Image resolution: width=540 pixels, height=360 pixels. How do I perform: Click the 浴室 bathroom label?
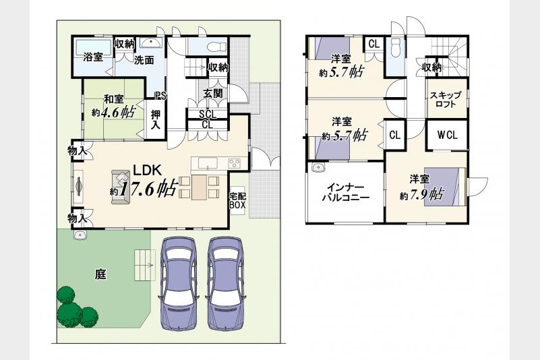click(93, 57)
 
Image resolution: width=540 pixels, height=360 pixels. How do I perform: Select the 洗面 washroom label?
click(144, 60)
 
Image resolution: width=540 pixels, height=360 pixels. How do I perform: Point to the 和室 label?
click(114, 100)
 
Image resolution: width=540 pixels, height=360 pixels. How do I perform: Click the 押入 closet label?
click(156, 119)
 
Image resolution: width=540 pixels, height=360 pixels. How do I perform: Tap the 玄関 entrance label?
click(213, 93)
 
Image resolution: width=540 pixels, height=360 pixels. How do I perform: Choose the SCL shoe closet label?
click(208, 114)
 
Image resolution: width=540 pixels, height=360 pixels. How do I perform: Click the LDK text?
click(148, 170)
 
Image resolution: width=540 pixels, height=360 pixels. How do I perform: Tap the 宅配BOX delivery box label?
click(237, 201)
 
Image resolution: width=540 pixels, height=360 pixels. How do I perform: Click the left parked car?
click(178, 283)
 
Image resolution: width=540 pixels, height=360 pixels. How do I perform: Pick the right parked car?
click(226, 283)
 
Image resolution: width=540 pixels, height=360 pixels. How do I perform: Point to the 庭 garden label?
click(100, 274)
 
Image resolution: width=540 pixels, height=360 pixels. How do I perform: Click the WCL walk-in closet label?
click(448, 136)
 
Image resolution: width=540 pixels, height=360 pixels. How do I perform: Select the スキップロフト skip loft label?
click(446, 99)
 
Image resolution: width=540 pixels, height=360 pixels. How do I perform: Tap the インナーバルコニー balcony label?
click(345, 193)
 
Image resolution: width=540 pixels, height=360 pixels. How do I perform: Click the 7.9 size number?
click(419, 195)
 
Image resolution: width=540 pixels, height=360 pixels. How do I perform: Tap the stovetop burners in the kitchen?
click(234, 162)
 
